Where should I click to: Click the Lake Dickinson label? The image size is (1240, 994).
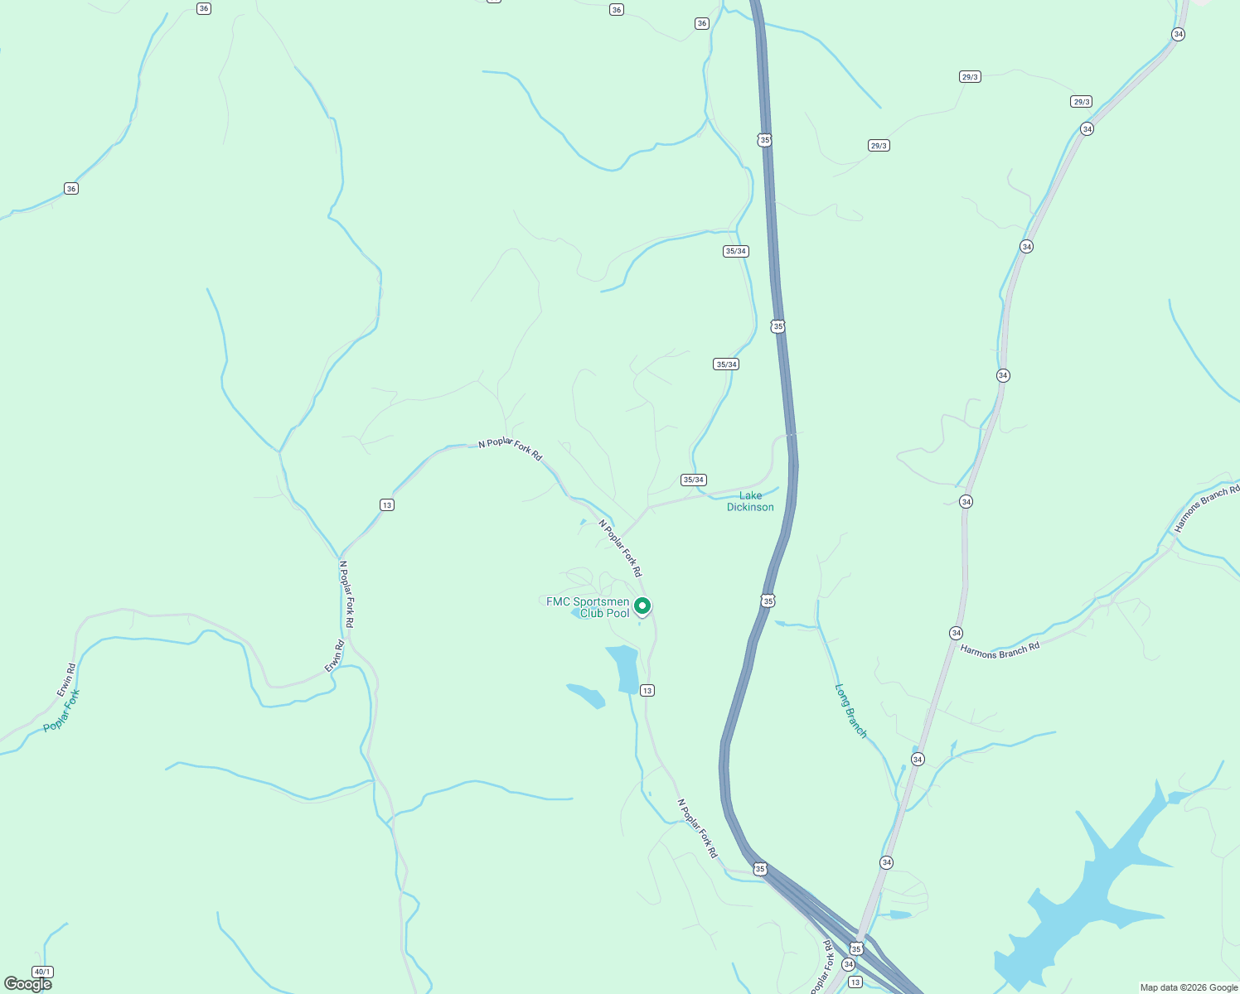750,501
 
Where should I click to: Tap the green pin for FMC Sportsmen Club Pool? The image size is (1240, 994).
642,606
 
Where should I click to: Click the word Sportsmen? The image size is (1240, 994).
601,601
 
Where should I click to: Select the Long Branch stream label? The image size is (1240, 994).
850,711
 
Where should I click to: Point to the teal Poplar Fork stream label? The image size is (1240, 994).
61,711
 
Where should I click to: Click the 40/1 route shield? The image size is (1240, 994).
42,972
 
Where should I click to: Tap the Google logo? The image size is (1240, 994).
27,984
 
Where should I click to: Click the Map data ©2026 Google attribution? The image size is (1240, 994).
1189,987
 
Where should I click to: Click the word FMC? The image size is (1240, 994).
558,601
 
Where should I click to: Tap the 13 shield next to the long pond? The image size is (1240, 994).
647,690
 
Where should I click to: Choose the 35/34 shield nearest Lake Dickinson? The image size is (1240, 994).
693,480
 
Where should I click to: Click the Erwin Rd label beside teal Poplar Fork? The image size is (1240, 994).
66,679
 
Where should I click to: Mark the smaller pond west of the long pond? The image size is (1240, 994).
586,696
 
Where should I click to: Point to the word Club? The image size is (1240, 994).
592,614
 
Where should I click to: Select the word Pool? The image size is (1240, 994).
618,614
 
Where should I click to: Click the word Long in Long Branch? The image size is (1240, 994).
843,697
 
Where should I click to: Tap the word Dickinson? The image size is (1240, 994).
750,507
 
